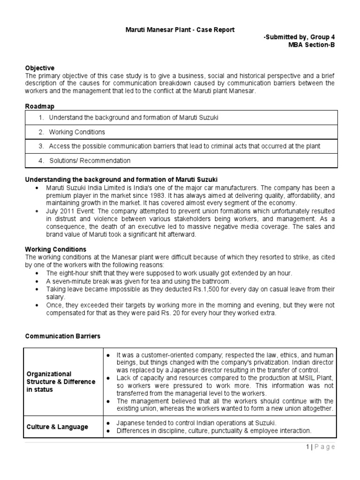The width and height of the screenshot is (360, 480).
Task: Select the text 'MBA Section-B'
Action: point(312,45)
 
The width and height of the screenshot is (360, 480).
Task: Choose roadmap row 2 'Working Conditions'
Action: point(77,132)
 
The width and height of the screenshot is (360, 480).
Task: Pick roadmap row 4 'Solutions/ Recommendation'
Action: point(90,160)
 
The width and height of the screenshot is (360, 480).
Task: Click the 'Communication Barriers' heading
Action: point(62,336)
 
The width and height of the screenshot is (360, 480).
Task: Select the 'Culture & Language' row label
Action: point(57,427)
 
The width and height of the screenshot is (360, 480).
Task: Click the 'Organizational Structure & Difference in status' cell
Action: point(61,382)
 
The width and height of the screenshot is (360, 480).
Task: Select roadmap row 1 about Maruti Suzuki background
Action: point(134,118)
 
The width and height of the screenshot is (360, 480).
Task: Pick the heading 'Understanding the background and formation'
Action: point(121,180)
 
